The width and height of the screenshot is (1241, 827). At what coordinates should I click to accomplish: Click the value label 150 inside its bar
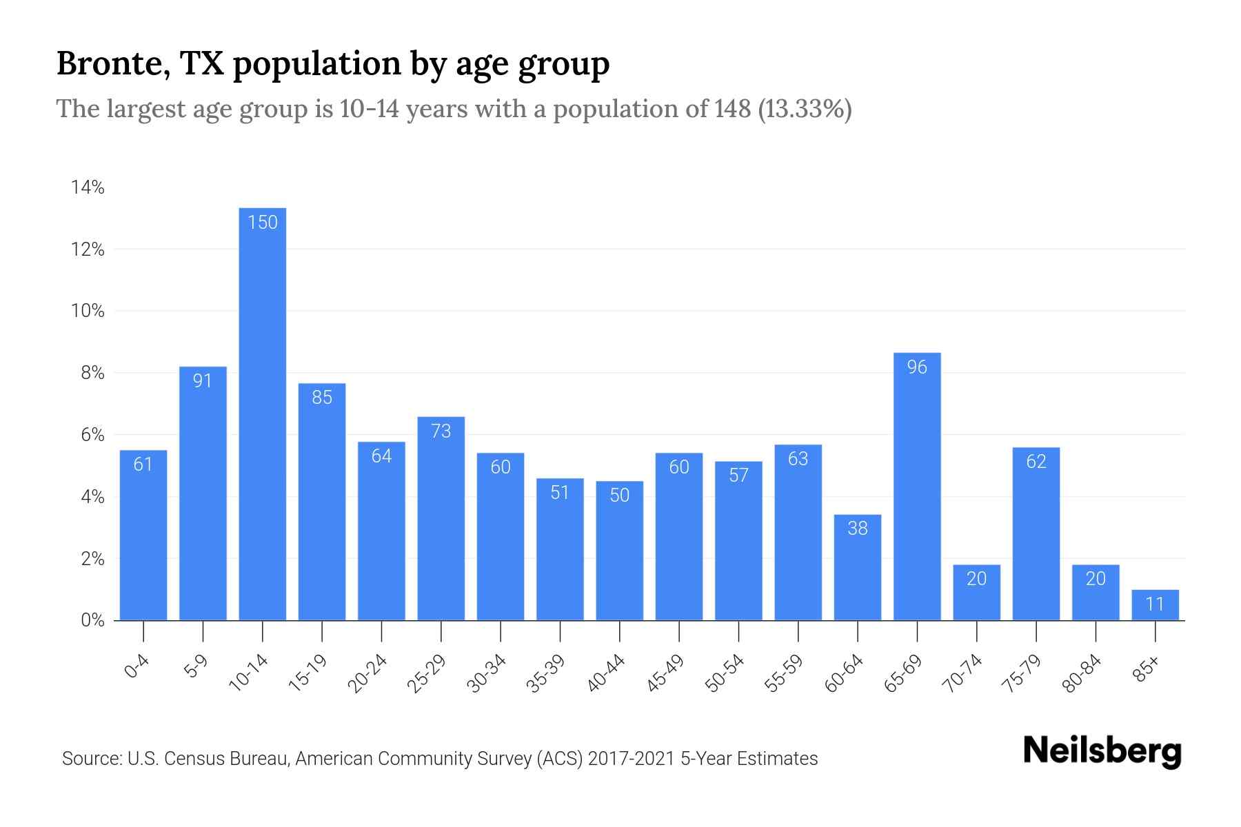tap(262, 223)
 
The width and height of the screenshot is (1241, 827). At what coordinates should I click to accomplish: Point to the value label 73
tap(441, 431)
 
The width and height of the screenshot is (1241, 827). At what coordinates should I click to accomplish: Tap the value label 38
tap(857, 529)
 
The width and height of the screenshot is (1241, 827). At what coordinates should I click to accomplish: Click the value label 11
tap(1155, 604)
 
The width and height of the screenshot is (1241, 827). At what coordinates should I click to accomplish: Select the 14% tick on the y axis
tap(88, 187)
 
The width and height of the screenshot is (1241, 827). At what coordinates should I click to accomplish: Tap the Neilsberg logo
tap(1102, 751)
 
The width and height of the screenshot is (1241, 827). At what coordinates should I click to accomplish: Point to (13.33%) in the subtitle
tap(805, 109)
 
